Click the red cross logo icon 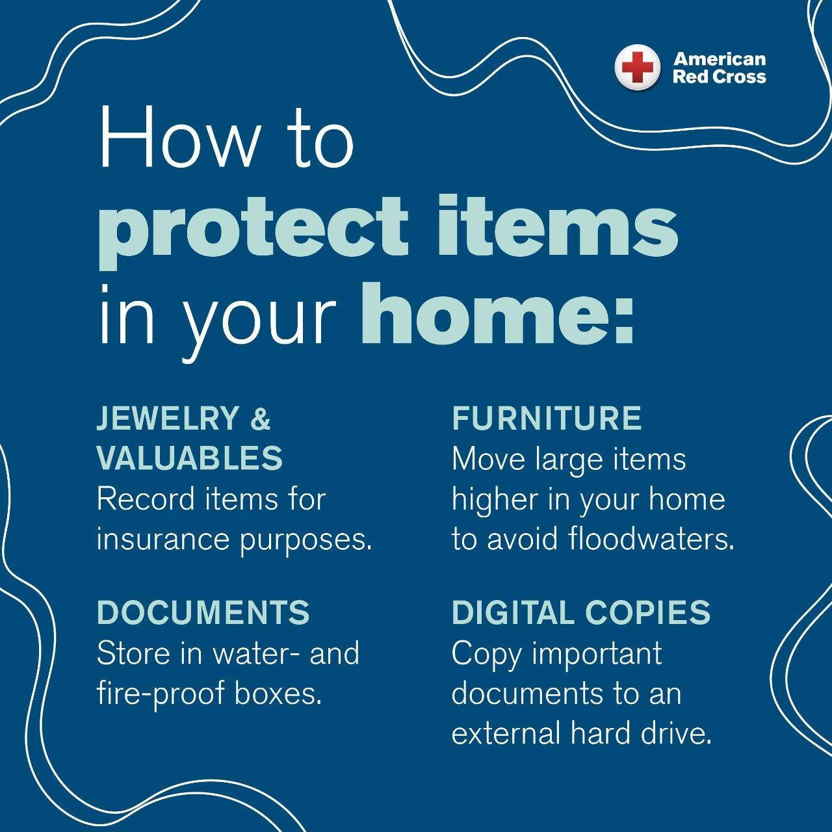click(x=637, y=68)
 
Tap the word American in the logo click(x=720, y=59)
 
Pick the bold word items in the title click(x=558, y=226)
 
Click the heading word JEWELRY click(x=168, y=418)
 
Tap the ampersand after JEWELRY click(x=261, y=418)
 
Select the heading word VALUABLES click(x=190, y=458)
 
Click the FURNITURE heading click(x=547, y=418)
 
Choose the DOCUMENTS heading click(x=203, y=612)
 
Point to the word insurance click(x=162, y=539)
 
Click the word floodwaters click(x=651, y=539)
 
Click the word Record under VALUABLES click(x=146, y=499)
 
